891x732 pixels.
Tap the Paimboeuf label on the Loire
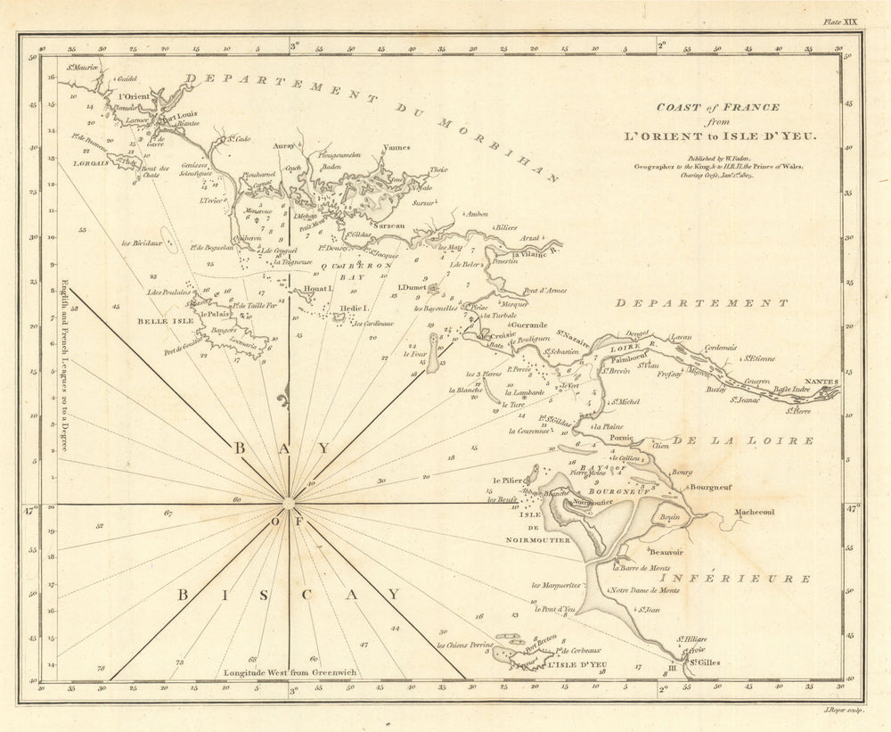(x=631, y=357)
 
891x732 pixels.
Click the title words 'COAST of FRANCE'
(x=718, y=107)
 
